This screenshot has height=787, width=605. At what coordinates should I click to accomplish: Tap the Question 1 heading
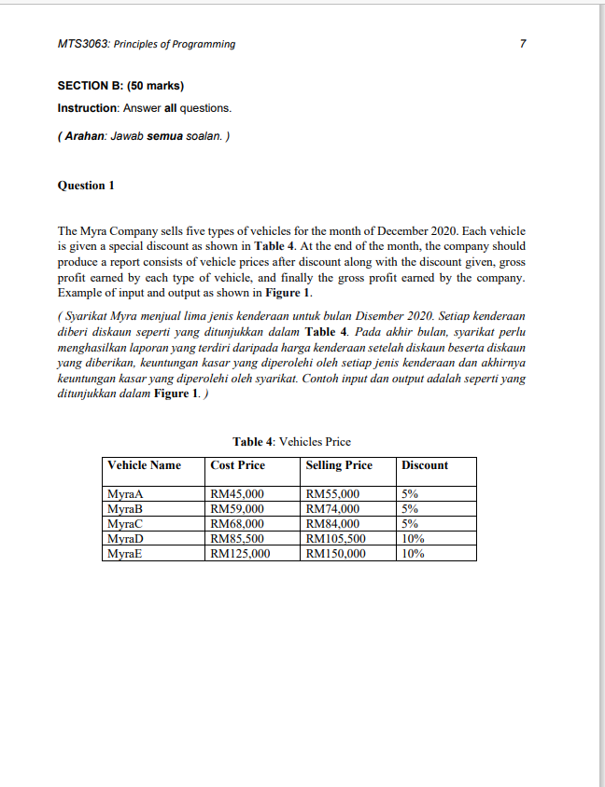point(86,186)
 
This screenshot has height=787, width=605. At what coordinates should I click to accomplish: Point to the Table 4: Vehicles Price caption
point(291,441)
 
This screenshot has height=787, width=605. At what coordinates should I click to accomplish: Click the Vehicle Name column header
point(144,465)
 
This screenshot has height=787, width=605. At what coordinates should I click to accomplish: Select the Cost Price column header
point(238,465)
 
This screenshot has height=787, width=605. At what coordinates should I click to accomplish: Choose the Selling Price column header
point(339,465)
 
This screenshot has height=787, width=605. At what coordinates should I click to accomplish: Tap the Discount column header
point(425,465)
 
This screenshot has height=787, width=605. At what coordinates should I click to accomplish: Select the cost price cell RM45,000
point(238,494)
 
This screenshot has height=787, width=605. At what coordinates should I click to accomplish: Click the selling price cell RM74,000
point(333,509)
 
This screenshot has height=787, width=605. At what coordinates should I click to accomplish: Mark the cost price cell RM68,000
point(238,523)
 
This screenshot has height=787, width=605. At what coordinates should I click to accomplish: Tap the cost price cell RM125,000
point(241,553)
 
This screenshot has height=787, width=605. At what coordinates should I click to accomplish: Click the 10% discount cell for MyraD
point(413,538)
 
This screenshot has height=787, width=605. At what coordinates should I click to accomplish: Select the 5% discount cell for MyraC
point(410,523)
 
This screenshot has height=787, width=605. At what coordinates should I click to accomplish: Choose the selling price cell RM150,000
point(336,553)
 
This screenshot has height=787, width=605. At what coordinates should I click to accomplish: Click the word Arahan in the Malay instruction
point(84,138)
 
